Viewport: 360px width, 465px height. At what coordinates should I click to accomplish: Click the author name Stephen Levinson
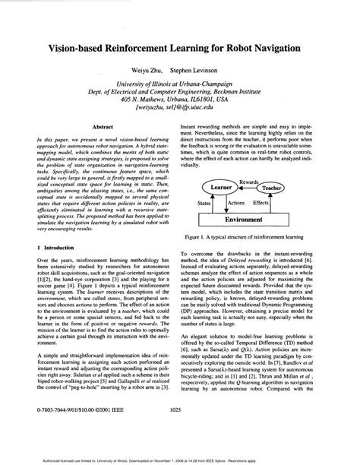(x=204, y=68)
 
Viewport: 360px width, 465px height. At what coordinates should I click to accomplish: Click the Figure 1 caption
(x=256, y=236)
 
